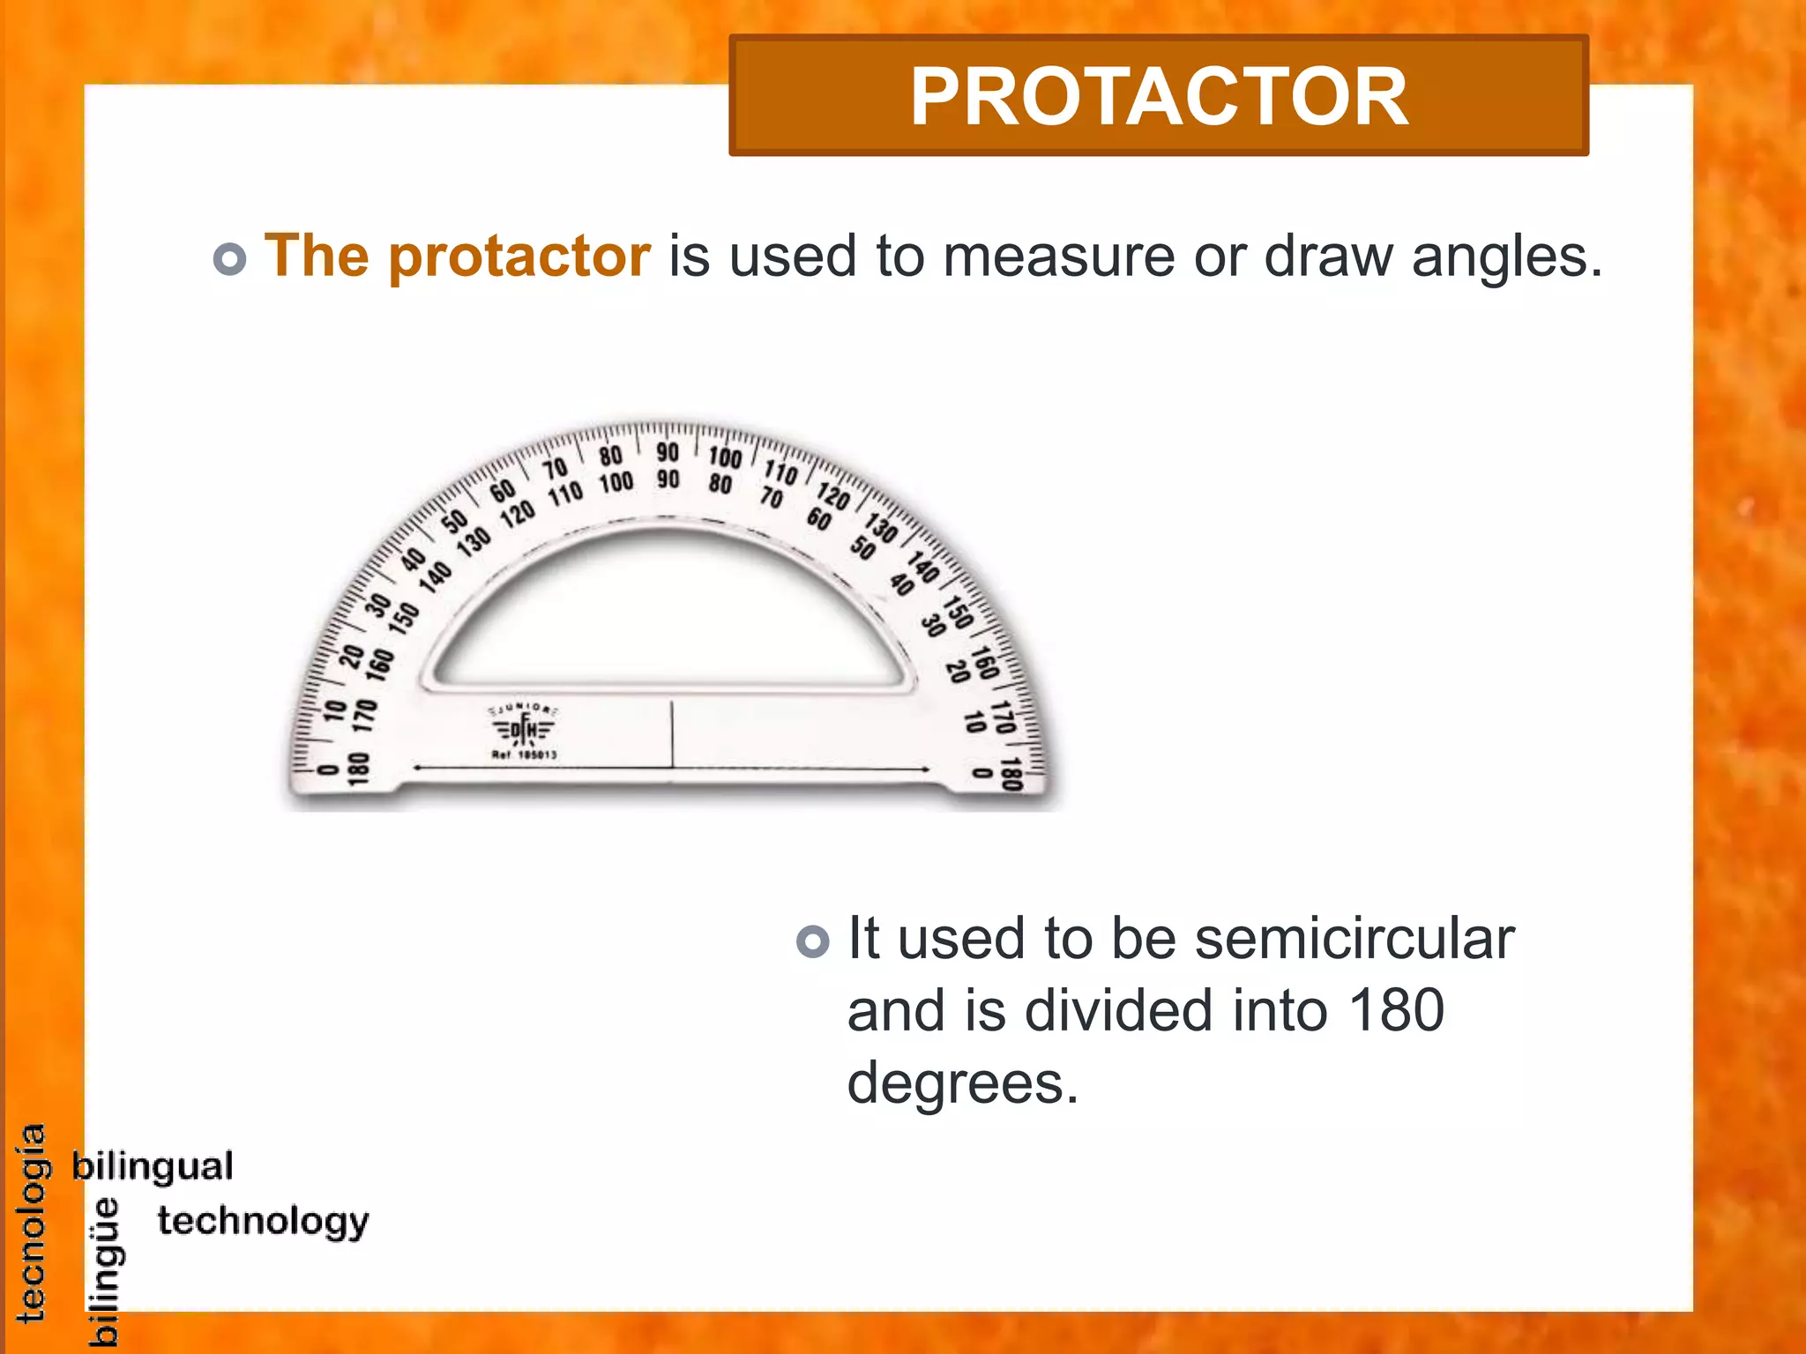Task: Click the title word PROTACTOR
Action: (x=1158, y=97)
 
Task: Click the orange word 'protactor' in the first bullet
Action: (x=519, y=257)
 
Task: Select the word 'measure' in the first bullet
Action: (x=1058, y=257)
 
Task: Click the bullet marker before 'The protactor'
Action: (x=229, y=259)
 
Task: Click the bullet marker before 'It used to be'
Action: (x=812, y=941)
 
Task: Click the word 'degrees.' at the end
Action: (x=962, y=1083)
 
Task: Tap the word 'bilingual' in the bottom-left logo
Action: (x=153, y=1166)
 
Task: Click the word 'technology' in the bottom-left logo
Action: (x=263, y=1222)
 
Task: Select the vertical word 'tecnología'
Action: (x=32, y=1224)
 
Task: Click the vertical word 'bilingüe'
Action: (x=106, y=1271)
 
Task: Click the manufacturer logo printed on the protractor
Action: (x=524, y=728)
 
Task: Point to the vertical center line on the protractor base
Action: (x=672, y=733)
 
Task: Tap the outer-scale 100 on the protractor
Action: (x=725, y=457)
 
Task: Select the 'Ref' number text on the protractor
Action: (x=524, y=755)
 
